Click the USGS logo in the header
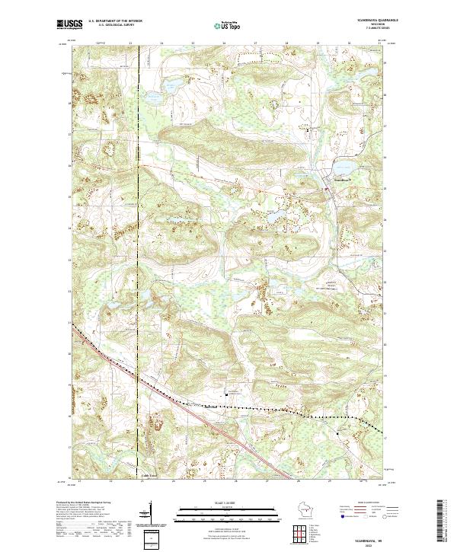pyautogui.click(x=69, y=24)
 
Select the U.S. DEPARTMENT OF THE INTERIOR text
pyautogui.click(x=115, y=21)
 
